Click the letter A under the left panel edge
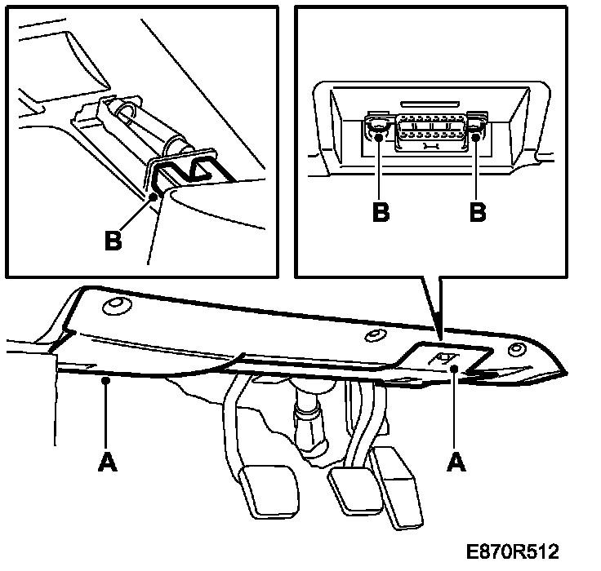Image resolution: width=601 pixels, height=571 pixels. [105, 462]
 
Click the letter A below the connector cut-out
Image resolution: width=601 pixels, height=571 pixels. [456, 462]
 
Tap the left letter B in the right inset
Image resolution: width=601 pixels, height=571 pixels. [381, 211]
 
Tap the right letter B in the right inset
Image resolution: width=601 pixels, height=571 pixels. [478, 211]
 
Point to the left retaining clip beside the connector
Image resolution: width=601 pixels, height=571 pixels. [377, 129]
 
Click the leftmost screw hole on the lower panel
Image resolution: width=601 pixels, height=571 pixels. [114, 306]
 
